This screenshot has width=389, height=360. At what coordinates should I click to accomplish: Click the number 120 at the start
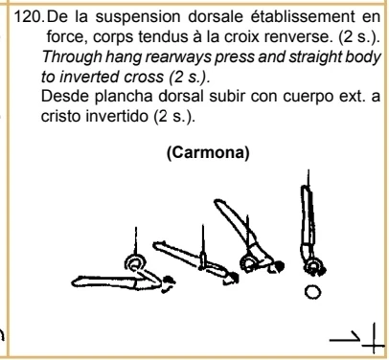tap(29, 16)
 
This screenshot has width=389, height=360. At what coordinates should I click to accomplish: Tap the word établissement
tap(302, 16)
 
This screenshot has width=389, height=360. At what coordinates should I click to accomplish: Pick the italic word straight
tap(318, 57)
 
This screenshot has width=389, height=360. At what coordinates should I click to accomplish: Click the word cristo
tap(61, 117)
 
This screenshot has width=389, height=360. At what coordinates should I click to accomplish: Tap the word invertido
tap(118, 117)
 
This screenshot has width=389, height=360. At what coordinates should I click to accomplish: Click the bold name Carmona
tap(208, 153)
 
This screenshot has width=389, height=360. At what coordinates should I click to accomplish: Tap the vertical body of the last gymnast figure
tap(308, 220)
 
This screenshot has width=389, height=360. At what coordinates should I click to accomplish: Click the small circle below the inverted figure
tap(312, 292)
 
